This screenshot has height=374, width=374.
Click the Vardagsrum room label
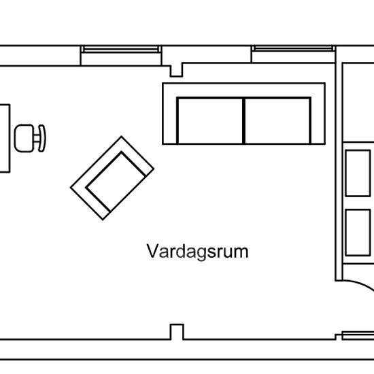(x=197, y=252)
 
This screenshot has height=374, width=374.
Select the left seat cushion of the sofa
(x=210, y=121)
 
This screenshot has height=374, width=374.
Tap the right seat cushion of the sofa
(x=277, y=121)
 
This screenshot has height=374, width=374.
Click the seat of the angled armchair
(x=116, y=182)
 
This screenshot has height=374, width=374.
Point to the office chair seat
(x=24, y=138)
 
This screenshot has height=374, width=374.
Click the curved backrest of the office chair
(x=42, y=138)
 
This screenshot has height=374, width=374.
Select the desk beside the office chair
(x=5, y=138)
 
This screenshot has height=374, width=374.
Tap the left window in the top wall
(x=120, y=50)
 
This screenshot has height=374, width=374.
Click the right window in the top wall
(x=293, y=49)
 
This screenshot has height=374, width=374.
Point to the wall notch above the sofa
(x=176, y=70)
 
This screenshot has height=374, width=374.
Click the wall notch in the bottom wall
(x=177, y=332)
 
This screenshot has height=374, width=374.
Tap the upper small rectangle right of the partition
(x=358, y=173)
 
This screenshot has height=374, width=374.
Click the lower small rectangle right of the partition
(x=358, y=233)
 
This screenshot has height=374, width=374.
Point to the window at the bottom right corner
(x=358, y=335)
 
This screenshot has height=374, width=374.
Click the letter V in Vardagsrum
(x=152, y=251)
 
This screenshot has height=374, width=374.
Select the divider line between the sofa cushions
(x=243, y=121)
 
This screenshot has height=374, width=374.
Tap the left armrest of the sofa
(x=170, y=121)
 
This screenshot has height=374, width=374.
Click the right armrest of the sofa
(x=318, y=121)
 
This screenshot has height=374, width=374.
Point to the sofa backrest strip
(x=243, y=90)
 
